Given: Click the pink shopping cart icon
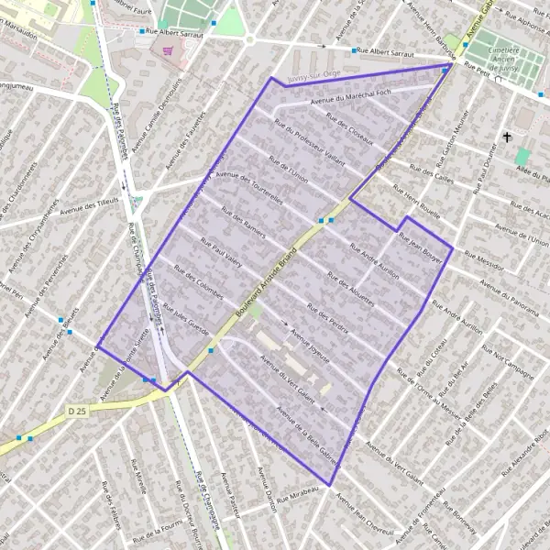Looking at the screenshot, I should click(x=167, y=51).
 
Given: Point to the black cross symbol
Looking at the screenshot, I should click(x=506, y=137).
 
